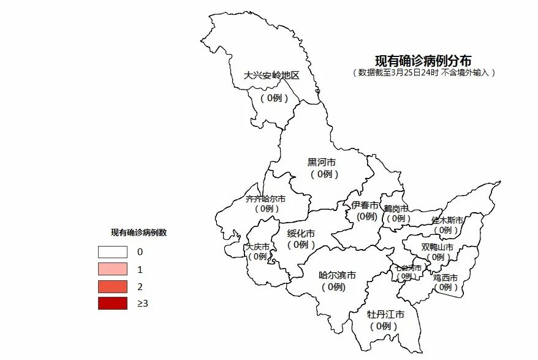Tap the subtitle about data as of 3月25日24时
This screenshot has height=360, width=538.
(x=423, y=72)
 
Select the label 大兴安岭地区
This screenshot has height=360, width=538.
(x=271, y=75)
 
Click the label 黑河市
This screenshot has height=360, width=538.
(x=321, y=163)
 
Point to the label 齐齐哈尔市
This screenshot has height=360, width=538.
(x=265, y=199)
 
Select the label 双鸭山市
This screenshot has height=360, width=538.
(x=438, y=247)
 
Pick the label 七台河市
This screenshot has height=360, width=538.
(x=407, y=267)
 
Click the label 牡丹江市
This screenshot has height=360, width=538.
(x=385, y=315)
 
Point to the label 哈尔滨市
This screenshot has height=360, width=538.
(x=337, y=275)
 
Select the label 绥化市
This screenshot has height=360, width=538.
(x=301, y=234)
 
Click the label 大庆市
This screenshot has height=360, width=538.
(x=257, y=247)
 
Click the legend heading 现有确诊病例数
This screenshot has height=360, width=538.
(x=138, y=232)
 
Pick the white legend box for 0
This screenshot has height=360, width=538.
(x=113, y=251)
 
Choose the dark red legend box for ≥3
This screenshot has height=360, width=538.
(x=113, y=303)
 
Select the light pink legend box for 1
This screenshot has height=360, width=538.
(x=113, y=269)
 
